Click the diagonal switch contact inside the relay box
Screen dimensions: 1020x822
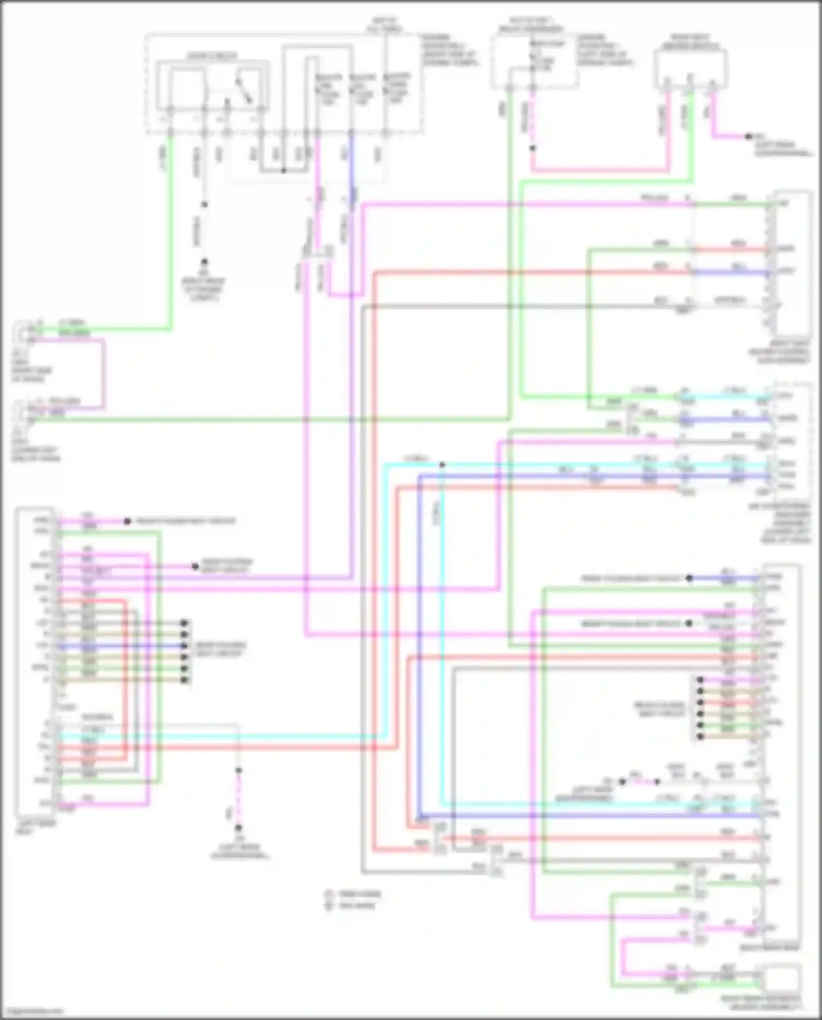(244, 90)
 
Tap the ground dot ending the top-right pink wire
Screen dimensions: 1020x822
(749, 136)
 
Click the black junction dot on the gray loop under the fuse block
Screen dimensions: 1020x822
(283, 171)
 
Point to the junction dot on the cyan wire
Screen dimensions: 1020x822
(442, 465)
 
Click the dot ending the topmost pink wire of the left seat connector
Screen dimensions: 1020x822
(127, 521)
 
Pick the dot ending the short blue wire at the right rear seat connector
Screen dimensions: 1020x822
(689, 578)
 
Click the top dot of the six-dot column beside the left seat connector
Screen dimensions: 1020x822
(185, 623)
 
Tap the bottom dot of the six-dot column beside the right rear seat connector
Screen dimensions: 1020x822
(700, 737)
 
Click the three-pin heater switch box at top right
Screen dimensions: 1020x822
(690, 70)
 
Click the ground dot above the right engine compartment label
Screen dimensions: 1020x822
(204, 262)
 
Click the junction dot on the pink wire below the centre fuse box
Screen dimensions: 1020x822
(532, 148)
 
